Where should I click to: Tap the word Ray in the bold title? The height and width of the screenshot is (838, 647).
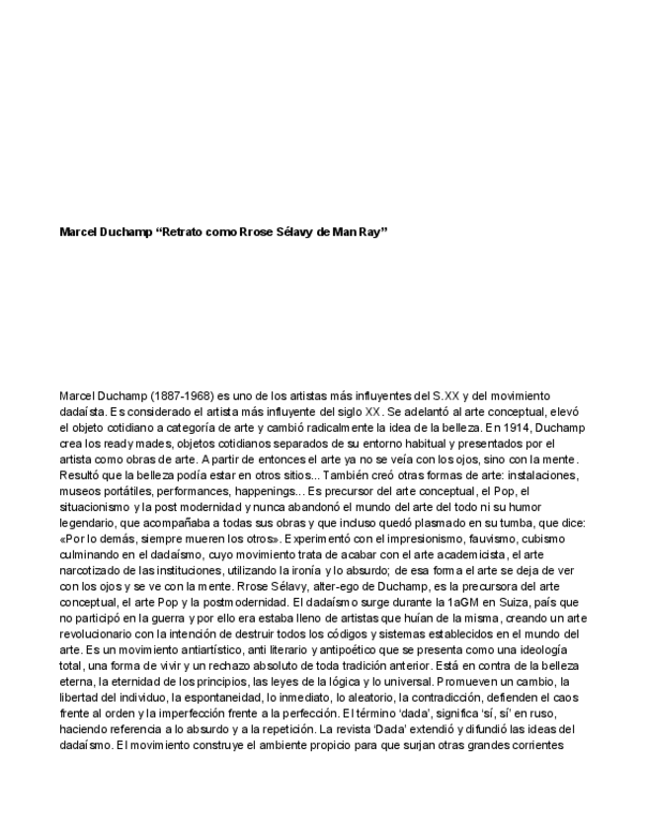(371, 232)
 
